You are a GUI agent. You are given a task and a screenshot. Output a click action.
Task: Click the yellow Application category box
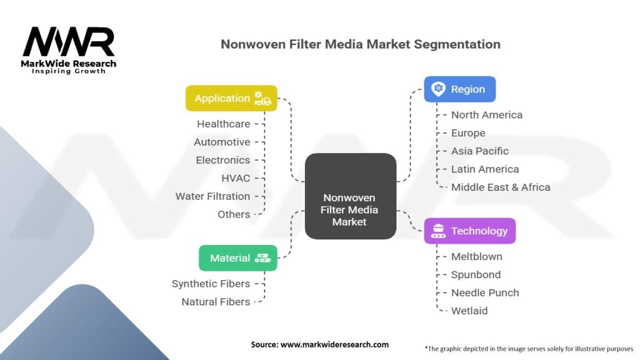(x=231, y=98)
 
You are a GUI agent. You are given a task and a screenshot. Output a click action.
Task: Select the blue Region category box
(x=459, y=89)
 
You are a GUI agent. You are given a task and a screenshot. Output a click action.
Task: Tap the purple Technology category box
(x=469, y=231)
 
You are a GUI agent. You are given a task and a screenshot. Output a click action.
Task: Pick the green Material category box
(x=237, y=257)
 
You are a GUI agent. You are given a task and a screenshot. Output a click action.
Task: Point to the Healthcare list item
(x=223, y=124)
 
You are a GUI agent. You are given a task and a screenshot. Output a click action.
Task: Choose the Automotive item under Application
(x=222, y=142)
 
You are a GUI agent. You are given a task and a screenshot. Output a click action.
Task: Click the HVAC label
(x=236, y=178)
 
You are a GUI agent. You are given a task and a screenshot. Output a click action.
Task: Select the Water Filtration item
(x=212, y=196)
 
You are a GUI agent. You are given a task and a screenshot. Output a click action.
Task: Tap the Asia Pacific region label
(x=480, y=151)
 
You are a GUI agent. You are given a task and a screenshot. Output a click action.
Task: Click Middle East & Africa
(x=501, y=187)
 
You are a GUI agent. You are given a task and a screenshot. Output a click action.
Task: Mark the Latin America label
(x=485, y=169)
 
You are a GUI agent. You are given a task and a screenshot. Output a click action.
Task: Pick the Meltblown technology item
(x=476, y=256)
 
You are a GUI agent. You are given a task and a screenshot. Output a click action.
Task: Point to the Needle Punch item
(x=485, y=292)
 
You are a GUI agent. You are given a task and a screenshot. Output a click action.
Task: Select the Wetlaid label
(x=469, y=311)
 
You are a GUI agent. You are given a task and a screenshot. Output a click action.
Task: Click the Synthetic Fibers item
(x=211, y=284)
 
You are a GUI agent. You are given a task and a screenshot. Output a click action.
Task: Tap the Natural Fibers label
(x=216, y=302)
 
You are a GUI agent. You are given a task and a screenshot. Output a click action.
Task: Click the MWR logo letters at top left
(x=69, y=42)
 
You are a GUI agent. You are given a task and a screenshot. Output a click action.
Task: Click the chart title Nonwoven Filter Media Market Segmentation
(x=361, y=44)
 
